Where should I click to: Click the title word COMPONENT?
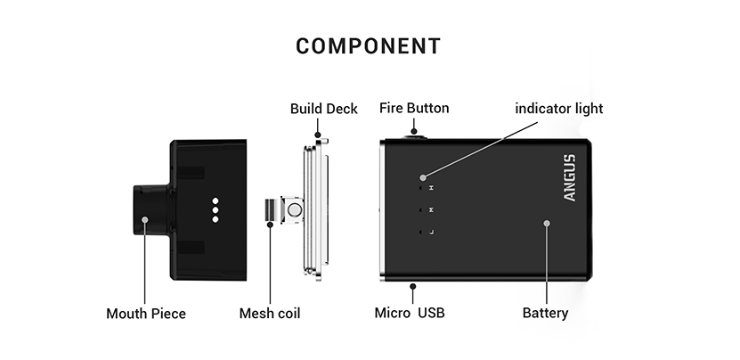point(368,46)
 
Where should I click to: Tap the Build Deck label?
point(323,109)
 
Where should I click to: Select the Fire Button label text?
point(414,109)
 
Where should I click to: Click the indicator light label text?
point(559,109)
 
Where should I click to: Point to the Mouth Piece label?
point(146,314)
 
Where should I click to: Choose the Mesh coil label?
point(270,314)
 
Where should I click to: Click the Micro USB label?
point(410,314)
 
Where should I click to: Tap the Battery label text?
point(545,314)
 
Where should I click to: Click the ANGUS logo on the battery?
point(571,177)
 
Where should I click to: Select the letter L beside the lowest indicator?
point(432,233)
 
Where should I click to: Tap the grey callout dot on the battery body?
point(547,224)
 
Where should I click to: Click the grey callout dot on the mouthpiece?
point(146,219)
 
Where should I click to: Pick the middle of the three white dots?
point(215,209)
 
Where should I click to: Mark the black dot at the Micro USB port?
point(413,285)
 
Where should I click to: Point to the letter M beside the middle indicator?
point(432,211)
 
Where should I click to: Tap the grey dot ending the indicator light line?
point(424,178)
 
